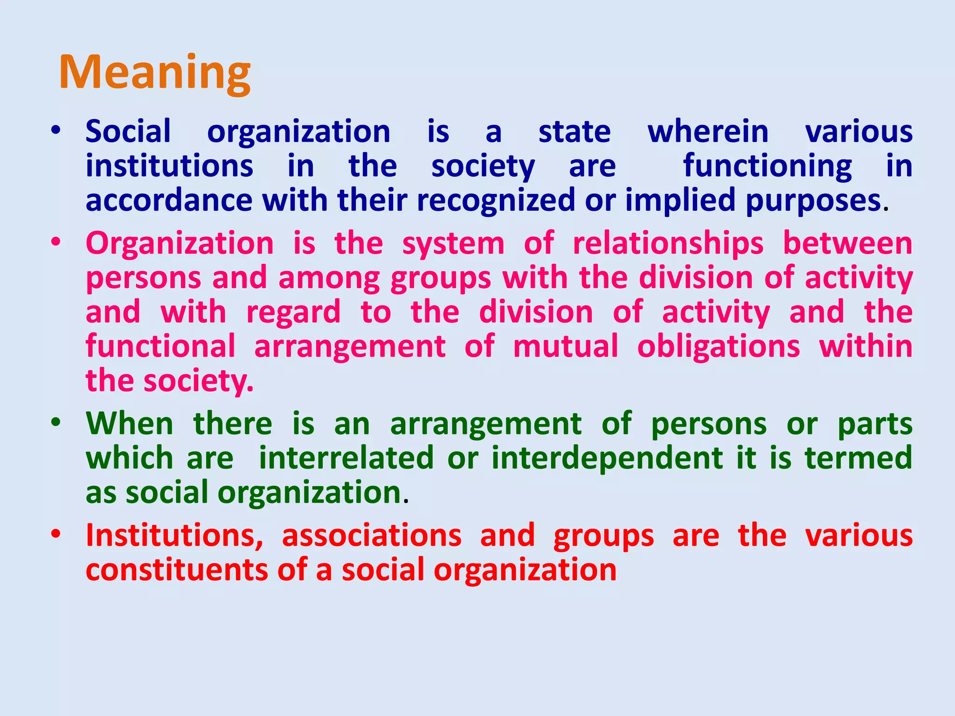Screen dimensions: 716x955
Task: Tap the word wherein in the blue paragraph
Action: [x=708, y=132]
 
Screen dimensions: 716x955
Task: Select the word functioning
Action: [x=768, y=166]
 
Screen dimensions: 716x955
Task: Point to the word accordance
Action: [x=169, y=200]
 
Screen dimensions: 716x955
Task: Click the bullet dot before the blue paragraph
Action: [x=56, y=131]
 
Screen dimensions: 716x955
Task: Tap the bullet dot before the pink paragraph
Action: [x=56, y=242]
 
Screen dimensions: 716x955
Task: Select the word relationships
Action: [x=668, y=244]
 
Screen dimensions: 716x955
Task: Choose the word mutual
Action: [x=566, y=347]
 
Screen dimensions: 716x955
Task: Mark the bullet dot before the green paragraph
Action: [x=56, y=423]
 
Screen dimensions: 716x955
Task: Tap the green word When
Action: [x=130, y=424]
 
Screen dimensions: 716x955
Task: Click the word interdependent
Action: [x=608, y=458]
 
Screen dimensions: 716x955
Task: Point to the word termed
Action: [x=858, y=458]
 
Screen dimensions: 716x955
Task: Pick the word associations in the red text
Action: [x=372, y=536]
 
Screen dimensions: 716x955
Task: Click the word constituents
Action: [x=177, y=570]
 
